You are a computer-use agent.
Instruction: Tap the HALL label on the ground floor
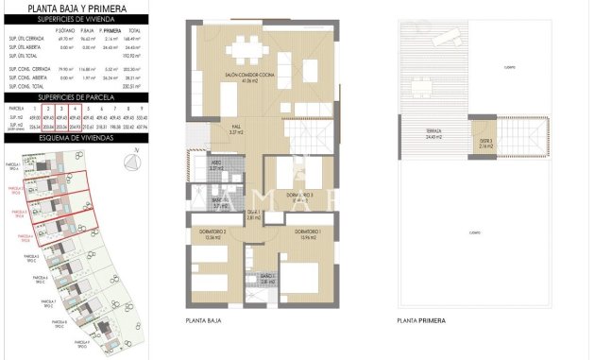238,131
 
